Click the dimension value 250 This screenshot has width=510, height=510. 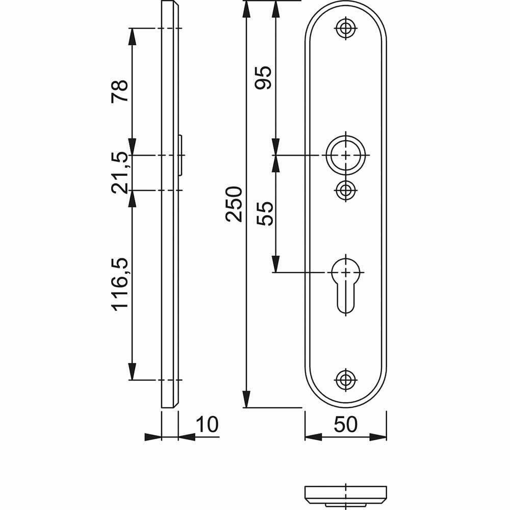click(x=233, y=204)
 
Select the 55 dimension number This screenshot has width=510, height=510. click(x=265, y=213)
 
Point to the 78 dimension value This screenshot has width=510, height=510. click(x=120, y=91)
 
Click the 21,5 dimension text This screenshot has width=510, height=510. click(x=120, y=172)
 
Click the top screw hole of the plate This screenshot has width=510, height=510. click(x=346, y=29)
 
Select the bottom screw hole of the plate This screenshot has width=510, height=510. click(x=346, y=379)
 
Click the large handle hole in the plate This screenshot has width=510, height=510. click(x=346, y=155)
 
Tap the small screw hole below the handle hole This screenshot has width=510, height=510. click(x=346, y=190)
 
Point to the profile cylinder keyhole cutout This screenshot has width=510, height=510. click(x=346, y=283)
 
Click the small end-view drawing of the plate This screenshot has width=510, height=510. click(x=346, y=494)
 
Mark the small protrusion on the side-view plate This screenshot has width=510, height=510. click(x=182, y=155)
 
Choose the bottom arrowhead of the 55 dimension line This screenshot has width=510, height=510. click(x=275, y=264)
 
